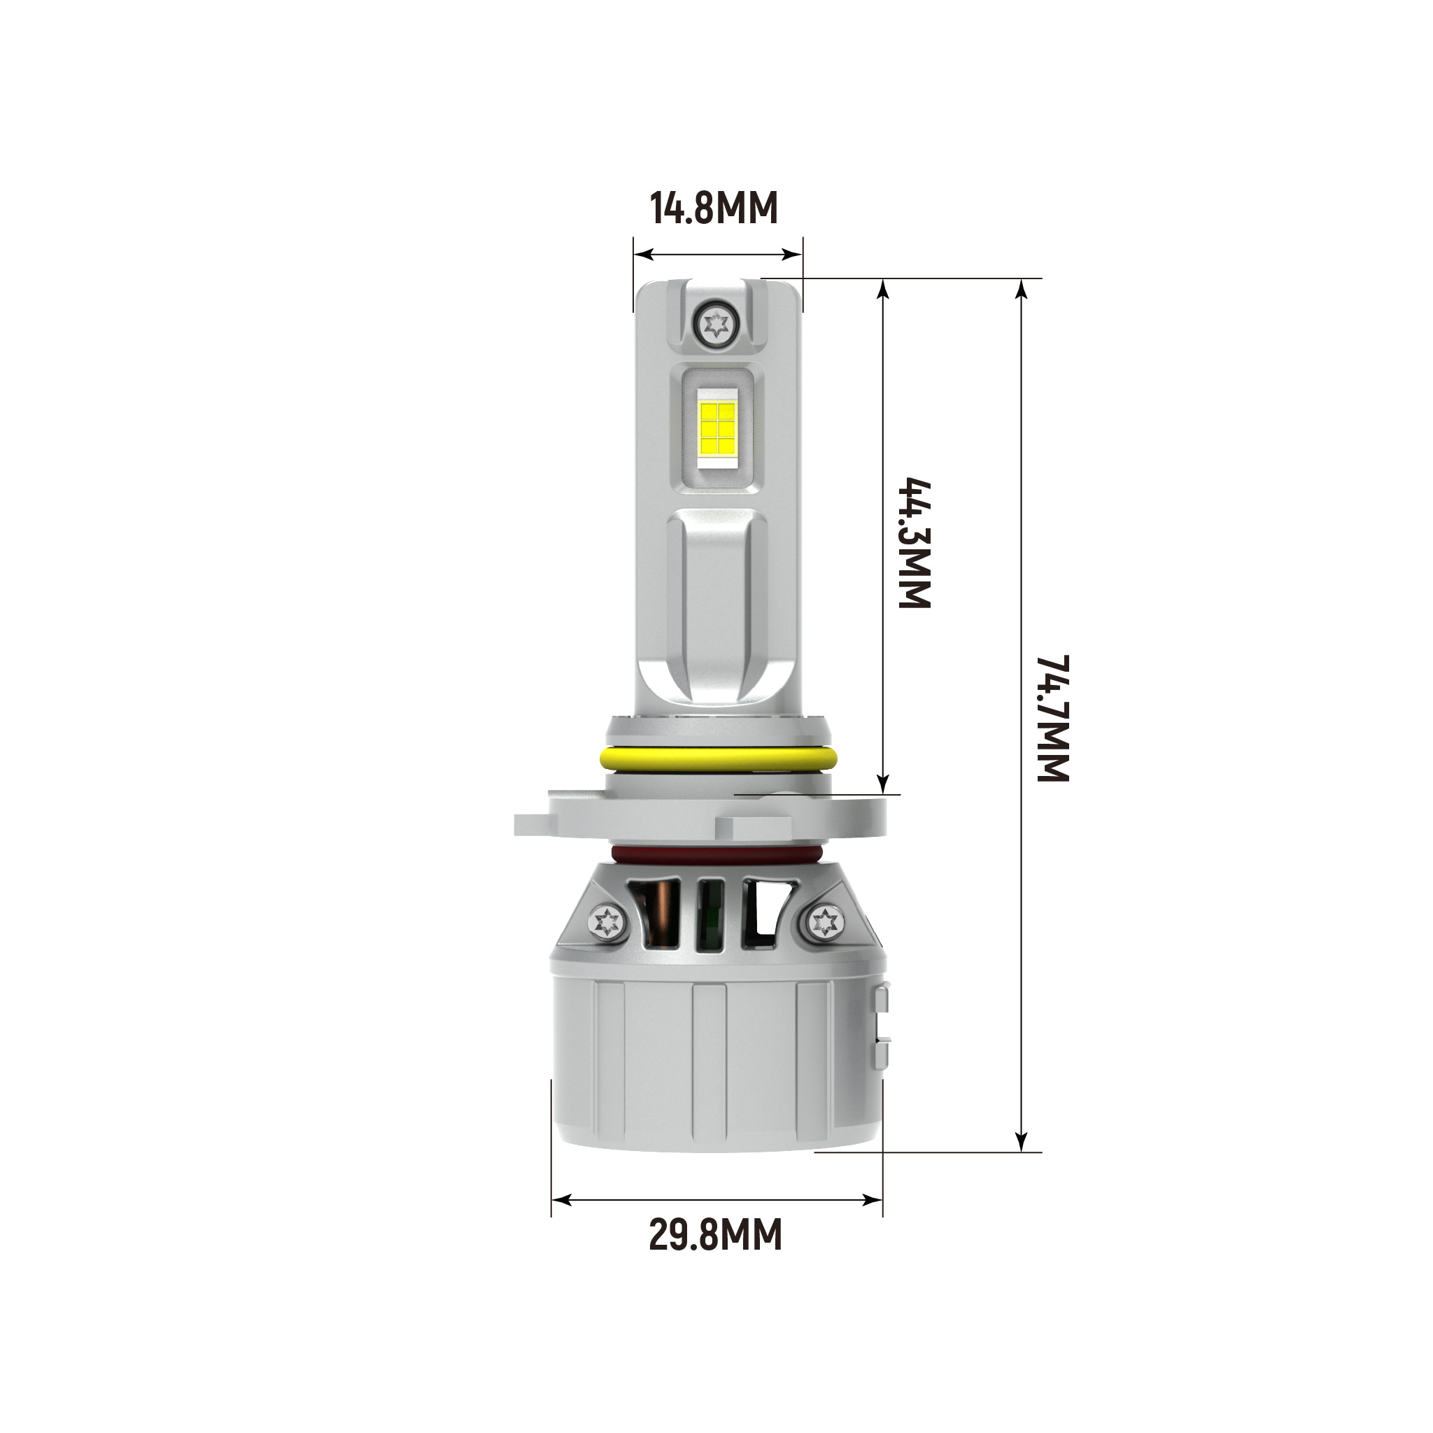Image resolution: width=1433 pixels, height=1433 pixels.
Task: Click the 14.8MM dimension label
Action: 714,209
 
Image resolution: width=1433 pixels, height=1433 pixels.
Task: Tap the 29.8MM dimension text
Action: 716,1235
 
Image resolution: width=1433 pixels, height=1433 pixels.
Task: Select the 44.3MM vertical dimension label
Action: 915,544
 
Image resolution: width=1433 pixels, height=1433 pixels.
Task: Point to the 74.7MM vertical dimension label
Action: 1052,717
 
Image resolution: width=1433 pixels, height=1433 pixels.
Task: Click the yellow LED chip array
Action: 716,429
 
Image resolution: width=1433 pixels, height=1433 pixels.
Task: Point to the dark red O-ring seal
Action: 716,854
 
